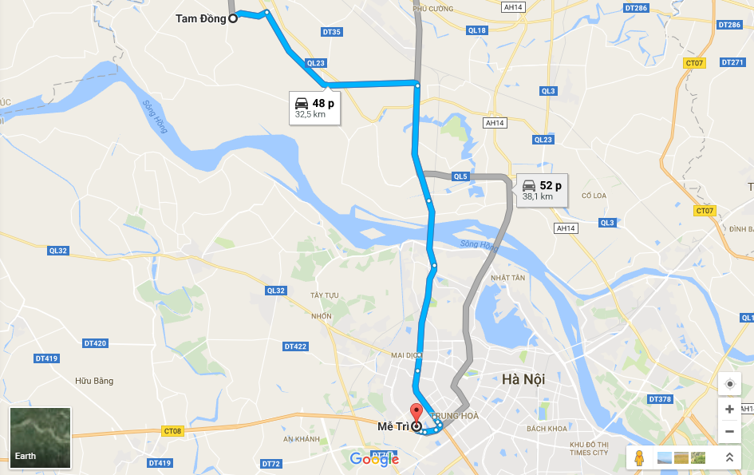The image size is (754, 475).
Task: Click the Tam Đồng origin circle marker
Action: point(233,19)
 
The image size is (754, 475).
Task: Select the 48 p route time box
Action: point(314,107)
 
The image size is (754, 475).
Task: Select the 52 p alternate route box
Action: point(542,190)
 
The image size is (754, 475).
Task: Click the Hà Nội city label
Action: point(523,379)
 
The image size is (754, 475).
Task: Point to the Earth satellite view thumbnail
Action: point(40,437)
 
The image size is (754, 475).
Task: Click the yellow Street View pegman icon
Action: point(638,457)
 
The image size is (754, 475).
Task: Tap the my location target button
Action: point(729,384)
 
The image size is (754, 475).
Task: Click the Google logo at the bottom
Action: point(374,459)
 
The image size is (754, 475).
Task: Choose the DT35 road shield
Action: point(331,32)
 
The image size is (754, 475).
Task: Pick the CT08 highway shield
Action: point(172,431)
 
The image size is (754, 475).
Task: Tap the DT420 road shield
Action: point(94,343)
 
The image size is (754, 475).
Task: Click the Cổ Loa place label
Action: point(595,195)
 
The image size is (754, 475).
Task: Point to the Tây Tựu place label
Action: point(325,295)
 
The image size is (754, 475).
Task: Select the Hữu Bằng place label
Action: point(94,381)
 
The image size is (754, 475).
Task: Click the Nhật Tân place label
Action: point(508,278)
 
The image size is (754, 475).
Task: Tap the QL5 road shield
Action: point(460,176)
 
